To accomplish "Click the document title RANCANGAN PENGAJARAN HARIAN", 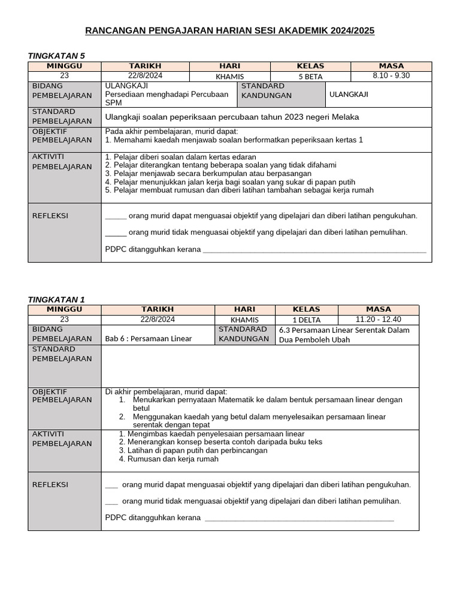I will coord(230,31).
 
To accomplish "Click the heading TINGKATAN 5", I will coord(57,56).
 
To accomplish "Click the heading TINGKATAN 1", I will coord(57,299).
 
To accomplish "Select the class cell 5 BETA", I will coord(310,76).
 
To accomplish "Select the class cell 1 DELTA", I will coord(306,320).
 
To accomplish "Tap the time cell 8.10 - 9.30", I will coord(391,75).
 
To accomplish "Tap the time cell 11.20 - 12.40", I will coord(378,319).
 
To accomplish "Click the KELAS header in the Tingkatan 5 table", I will coord(310,66).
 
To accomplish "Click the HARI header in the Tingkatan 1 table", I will coord(244,309).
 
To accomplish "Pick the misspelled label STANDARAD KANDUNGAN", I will coord(243,334).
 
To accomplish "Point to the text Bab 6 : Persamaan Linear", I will coord(148,339).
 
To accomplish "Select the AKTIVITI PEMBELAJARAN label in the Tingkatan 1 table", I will coord(62,438).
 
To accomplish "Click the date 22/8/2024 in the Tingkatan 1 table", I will coord(158,320).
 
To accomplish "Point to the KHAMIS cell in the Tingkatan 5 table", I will coord(230,76).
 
